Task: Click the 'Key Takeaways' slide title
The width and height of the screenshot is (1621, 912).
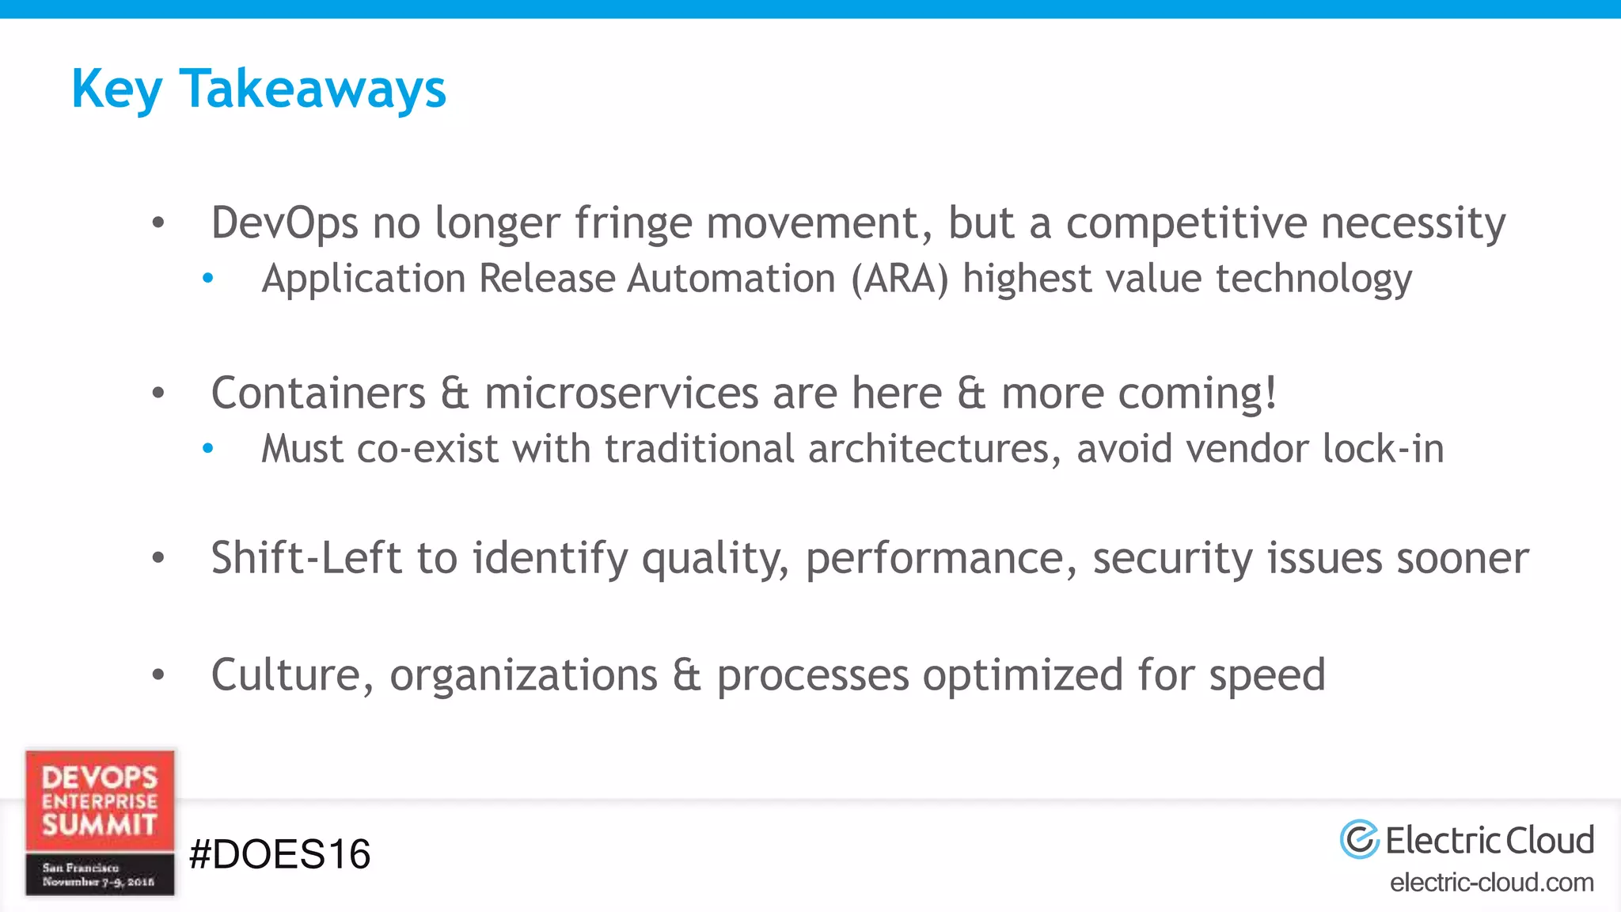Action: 259,89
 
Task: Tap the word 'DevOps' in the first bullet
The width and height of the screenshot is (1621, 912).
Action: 284,222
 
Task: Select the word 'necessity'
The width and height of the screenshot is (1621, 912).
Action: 1414,222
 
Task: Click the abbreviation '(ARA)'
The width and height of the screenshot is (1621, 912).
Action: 900,279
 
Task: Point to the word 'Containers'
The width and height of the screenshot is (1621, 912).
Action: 318,393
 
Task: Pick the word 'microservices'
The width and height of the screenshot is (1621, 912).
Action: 622,393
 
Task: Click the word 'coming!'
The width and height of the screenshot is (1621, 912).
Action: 1139,393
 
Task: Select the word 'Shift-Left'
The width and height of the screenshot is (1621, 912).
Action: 306,558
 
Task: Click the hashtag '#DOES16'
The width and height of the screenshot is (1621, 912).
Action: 280,854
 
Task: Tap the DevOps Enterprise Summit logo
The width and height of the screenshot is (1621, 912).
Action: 100,823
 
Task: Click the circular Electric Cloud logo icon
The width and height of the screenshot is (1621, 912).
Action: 1359,840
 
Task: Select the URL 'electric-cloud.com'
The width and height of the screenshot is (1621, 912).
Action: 1492,882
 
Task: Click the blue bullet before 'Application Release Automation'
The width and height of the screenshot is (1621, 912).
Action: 208,278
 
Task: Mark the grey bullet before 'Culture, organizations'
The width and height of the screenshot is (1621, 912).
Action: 158,674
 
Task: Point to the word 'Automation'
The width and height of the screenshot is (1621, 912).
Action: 731,279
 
